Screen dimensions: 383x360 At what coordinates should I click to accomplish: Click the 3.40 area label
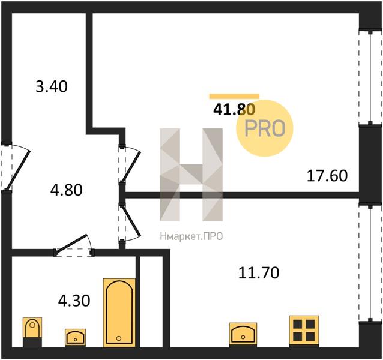pos(52,86)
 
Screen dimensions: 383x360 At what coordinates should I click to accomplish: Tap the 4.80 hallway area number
pos(67,190)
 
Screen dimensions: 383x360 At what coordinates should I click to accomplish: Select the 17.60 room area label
pos(327,176)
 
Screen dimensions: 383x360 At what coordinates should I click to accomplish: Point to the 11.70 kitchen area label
pos(259,273)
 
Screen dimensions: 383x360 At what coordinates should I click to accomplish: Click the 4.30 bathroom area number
pos(74,301)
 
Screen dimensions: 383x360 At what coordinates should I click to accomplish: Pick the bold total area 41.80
pos(234,110)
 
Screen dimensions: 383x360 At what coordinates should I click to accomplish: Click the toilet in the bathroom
pos(32,332)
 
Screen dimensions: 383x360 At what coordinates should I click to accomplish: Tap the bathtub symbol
pos(119,313)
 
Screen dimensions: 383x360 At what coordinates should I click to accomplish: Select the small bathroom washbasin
pos(75,338)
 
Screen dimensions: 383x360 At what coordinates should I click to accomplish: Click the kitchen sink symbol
pos(243,334)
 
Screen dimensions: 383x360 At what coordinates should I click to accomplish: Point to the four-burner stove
pos(304,331)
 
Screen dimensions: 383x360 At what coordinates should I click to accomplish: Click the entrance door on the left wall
pos(15,167)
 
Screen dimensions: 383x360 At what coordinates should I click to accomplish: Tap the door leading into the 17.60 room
pos(130,164)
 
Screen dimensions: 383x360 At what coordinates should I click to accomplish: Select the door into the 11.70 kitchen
pos(130,223)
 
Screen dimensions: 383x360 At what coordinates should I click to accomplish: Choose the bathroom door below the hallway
pos(74,246)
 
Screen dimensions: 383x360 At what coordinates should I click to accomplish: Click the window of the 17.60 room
pos(370,77)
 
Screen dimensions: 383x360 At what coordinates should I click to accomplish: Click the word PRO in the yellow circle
pos(265,128)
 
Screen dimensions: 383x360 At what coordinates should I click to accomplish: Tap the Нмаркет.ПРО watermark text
pos(191,236)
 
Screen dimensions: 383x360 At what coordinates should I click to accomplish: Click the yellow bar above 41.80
pos(234,96)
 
